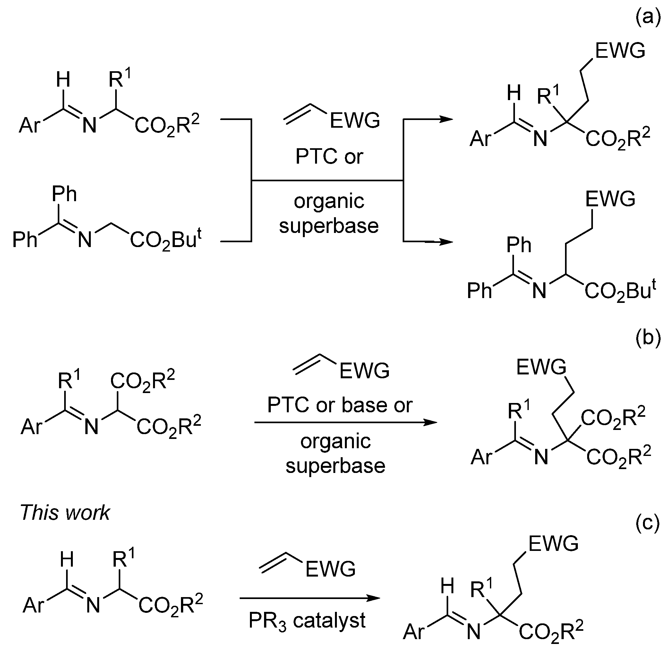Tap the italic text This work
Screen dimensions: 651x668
tap(65, 512)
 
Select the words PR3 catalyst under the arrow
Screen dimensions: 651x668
tap(307, 621)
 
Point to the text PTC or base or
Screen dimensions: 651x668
tap(340, 405)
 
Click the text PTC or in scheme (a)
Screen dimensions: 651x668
tap(329, 157)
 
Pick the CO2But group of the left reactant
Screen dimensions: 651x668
tap(166, 240)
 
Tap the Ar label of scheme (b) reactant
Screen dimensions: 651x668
tap(31, 427)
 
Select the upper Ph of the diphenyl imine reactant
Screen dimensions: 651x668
tap(64, 194)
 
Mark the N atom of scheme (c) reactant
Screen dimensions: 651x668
tap(93, 605)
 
